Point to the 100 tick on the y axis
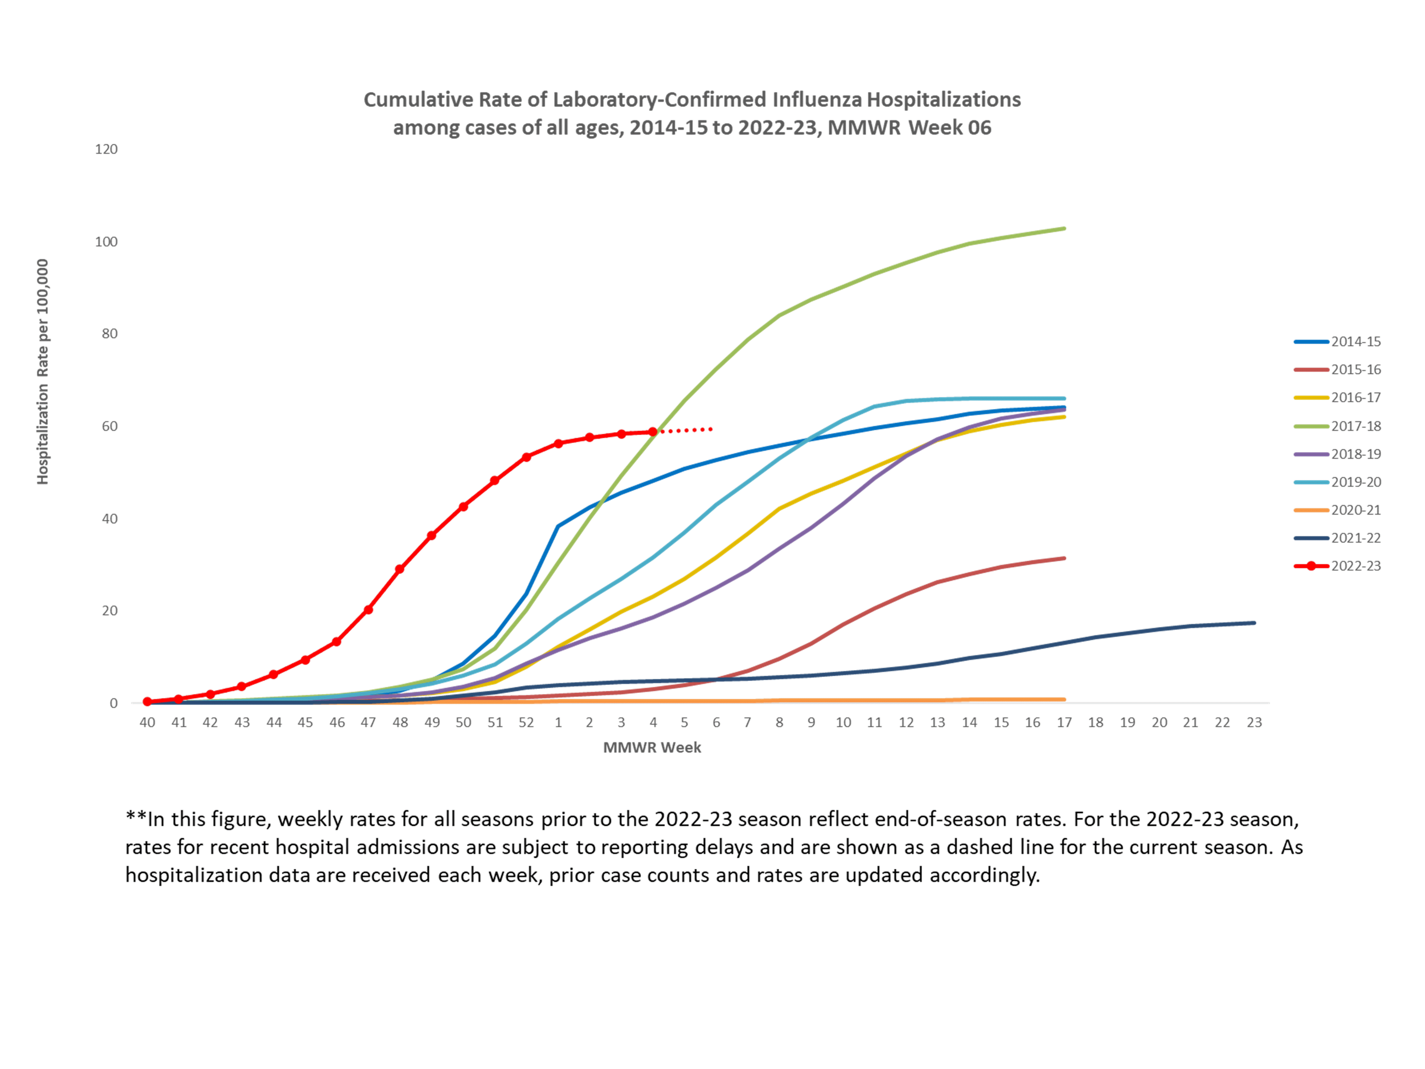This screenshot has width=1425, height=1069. click(106, 242)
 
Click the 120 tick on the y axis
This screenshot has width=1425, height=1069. click(106, 149)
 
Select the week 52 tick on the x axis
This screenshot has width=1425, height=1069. click(526, 722)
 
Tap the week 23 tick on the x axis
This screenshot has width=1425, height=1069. click(1254, 722)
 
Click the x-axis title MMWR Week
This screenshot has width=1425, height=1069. click(652, 748)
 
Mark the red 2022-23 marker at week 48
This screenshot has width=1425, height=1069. click(399, 569)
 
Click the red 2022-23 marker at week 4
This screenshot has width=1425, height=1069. click(653, 432)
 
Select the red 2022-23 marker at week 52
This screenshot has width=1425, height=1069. click(526, 457)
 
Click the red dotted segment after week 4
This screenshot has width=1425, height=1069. click(686, 430)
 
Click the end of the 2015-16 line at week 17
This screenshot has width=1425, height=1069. click(1064, 558)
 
